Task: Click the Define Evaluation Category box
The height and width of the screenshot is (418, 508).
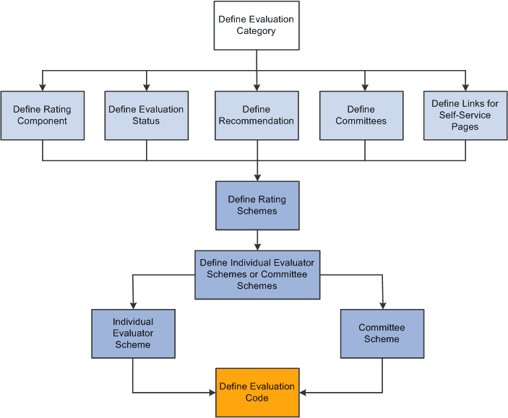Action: coord(257,25)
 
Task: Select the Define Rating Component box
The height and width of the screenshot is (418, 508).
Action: coord(42,115)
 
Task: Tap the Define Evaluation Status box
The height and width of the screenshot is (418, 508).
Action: coord(146,115)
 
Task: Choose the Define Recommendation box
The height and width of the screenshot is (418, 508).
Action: coord(257,115)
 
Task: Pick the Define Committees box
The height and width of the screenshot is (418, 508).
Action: coord(361,115)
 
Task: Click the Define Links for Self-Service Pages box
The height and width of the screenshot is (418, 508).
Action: coord(465,115)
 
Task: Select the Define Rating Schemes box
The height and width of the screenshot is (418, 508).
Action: coord(257,205)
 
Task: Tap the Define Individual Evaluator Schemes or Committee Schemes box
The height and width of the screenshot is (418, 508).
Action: coord(257,274)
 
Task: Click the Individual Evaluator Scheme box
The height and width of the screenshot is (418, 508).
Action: coord(133,334)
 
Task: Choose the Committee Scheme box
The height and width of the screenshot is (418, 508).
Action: coord(382,334)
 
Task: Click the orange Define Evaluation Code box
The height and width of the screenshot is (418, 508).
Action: coord(257,392)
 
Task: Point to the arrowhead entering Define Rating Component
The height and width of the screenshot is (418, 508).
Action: coord(43,87)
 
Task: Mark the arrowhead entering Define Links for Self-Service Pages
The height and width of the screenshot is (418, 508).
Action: coord(465,87)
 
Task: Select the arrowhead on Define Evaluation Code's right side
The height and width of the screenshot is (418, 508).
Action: coord(303,393)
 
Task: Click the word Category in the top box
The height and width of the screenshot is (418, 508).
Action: coord(257,31)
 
